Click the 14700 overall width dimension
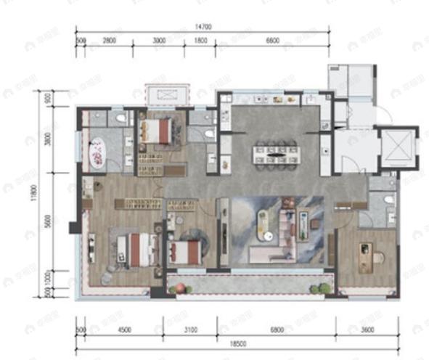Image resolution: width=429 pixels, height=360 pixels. pos(203,26)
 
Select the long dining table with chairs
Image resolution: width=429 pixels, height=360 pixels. pos(276,154)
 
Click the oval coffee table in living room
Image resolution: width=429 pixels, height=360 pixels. pos(267,220)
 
